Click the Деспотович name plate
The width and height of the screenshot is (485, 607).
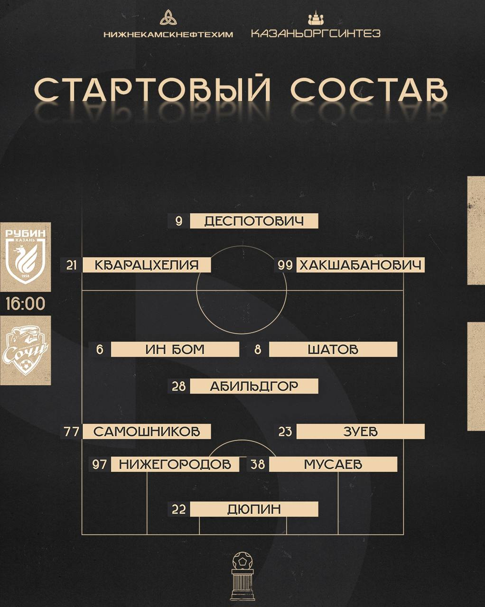click(x=254, y=221)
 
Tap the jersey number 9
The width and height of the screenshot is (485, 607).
click(x=179, y=221)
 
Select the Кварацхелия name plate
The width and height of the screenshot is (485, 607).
click(x=147, y=265)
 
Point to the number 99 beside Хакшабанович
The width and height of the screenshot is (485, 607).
click(x=285, y=265)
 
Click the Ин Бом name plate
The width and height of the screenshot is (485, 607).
click(x=175, y=349)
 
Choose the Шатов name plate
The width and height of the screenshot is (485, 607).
click(x=333, y=349)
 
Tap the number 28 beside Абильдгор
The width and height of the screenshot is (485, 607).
click(x=178, y=386)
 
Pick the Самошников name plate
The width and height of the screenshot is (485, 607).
click(x=147, y=432)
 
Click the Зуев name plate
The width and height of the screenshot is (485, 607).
click(x=360, y=432)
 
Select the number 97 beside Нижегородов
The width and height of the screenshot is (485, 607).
click(x=100, y=464)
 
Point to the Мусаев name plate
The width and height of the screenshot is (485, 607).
click(x=333, y=464)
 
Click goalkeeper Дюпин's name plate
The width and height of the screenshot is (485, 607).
click(x=254, y=509)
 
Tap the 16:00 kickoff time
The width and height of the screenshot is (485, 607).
click(x=25, y=303)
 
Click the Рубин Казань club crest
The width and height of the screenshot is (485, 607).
click(x=25, y=256)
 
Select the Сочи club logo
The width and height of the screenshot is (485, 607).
click(x=25, y=350)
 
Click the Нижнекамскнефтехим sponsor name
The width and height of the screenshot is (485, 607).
click(x=168, y=34)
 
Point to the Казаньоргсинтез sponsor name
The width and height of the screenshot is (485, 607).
click(x=316, y=34)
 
